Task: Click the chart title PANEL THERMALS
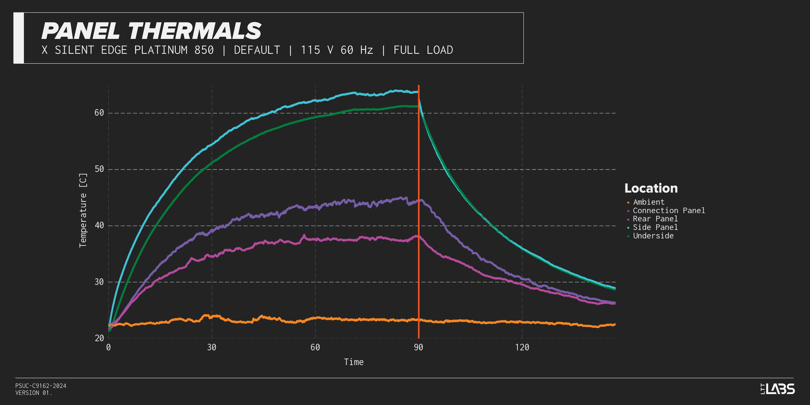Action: tap(151, 31)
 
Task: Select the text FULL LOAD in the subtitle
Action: tap(423, 50)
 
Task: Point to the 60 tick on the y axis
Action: tap(99, 113)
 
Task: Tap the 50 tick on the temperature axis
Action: tap(99, 169)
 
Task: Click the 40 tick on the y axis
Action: tap(99, 226)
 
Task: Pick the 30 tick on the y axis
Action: tap(99, 282)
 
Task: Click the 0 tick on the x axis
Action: tap(109, 347)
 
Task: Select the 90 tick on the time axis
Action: tap(418, 347)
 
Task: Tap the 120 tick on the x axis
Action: tap(522, 347)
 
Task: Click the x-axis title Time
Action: tap(354, 362)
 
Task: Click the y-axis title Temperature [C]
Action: tap(83, 210)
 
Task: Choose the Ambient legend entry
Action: tap(648, 202)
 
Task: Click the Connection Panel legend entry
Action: tap(669, 211)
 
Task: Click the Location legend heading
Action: tap(651, 188)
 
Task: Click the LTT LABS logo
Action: tap(778, 389)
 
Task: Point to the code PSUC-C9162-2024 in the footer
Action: tap(41, 386)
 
